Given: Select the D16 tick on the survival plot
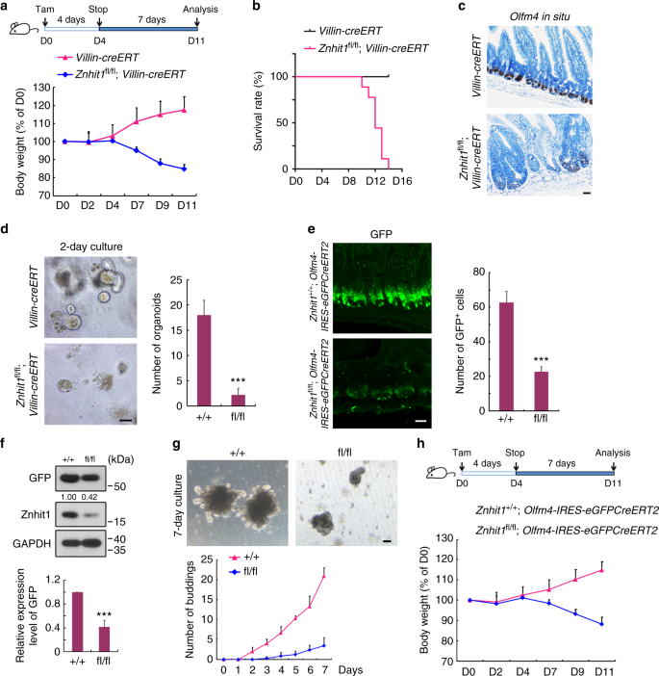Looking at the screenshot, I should (400, 179).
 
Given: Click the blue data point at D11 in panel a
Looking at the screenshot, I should (184, 169).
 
